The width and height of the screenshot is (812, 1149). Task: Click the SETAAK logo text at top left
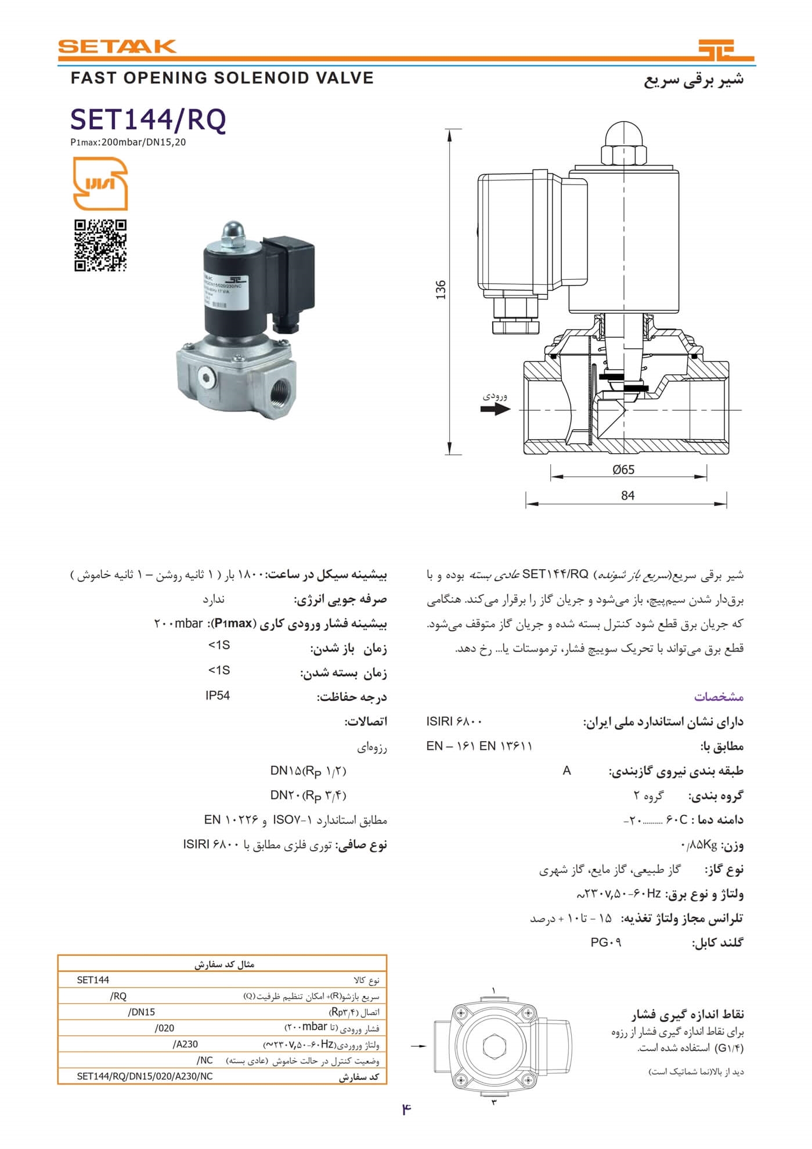point(117,46)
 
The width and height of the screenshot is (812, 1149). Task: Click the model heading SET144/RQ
point(148,120)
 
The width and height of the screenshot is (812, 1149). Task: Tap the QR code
point(100,245)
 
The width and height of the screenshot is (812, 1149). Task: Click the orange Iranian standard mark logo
point(100,184)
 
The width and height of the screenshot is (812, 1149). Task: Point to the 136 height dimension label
point(441,290)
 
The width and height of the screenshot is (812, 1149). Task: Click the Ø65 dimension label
point(623,470)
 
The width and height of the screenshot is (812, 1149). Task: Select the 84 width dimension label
point(627,496)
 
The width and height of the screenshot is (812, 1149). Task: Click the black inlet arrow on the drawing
point(495,409)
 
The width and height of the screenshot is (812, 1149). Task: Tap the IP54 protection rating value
point(218,695)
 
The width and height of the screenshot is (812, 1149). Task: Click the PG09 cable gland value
point(606,942)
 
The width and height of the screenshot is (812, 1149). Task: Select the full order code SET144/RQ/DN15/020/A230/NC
point(145,1076)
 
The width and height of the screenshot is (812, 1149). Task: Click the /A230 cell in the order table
point(185,1044)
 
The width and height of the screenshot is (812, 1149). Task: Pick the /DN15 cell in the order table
point(141,1012)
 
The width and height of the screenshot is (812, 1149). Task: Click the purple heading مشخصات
point(719,696)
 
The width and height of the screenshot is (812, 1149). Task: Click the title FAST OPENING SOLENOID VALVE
point(222,78)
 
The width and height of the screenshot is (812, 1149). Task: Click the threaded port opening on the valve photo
point(280,388)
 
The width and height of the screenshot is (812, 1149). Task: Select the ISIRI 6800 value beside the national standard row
point(454,721)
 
